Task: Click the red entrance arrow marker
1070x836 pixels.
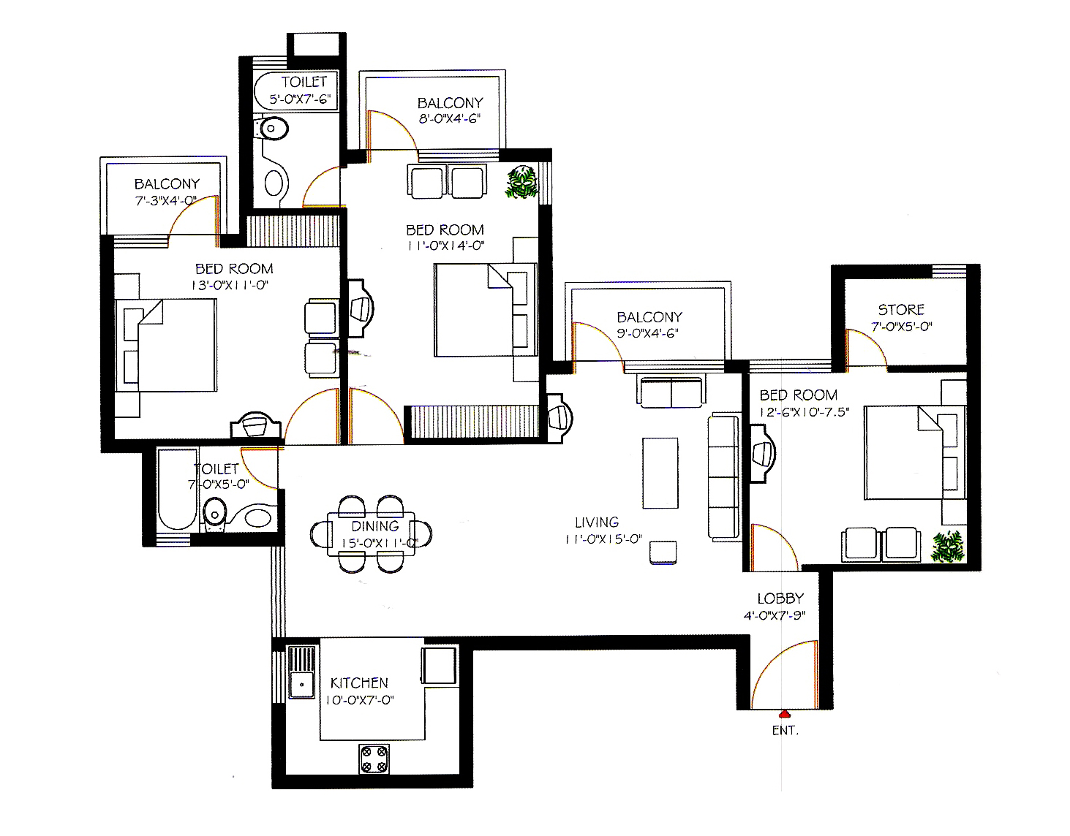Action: (x=785, y=713)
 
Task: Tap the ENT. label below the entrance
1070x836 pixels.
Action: (x=785, y=731)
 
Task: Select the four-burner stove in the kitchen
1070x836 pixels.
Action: (x=374, y=759)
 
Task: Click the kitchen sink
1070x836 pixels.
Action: (x=301, y=672)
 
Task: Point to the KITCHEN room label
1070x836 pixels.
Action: (x=359, y=683)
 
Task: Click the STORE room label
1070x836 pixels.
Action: (x=901, y=309)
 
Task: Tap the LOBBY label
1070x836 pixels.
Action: (x=780, y=598)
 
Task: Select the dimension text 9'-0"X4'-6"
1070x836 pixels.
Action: (x=647, y=333)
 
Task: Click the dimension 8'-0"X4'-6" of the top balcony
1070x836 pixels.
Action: (x=450, y=118)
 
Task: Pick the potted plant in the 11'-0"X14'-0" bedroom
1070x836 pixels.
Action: (x=521, y=182)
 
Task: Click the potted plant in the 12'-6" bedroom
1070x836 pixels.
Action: (x=947, y=546)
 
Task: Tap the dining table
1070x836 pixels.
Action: (x=372, y=533)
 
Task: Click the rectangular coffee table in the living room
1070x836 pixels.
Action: (x=660, y=473)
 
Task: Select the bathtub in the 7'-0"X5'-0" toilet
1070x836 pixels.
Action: (x=177, y=489)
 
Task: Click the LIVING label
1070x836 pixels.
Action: (x=597, y=522)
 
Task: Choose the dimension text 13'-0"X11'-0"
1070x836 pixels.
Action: (x=230, y=285)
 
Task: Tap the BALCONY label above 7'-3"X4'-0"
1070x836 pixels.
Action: (x=167, y=184)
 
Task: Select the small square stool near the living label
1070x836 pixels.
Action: (x=663, y=552)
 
